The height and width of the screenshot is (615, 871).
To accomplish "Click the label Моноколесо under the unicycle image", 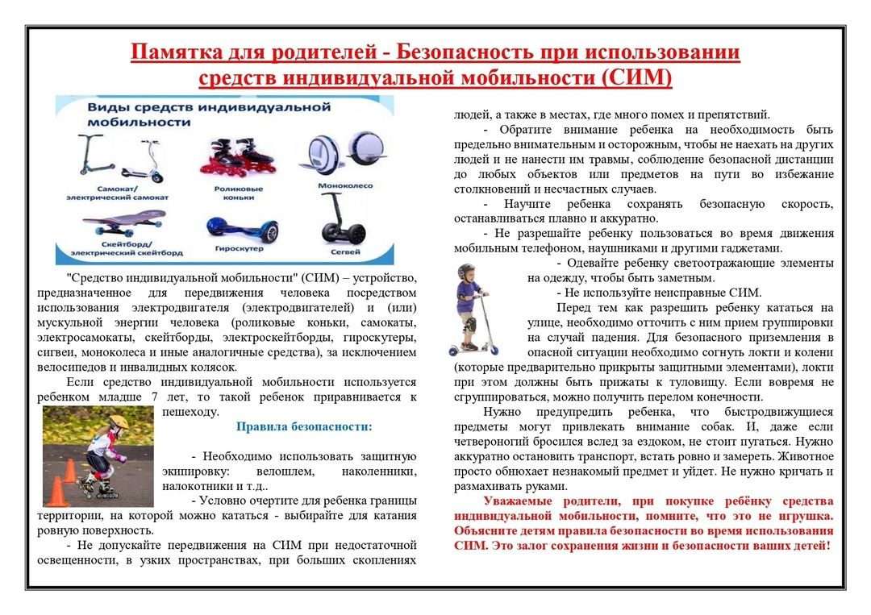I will (348, 185).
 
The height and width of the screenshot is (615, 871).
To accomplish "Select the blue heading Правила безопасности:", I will (304, 426).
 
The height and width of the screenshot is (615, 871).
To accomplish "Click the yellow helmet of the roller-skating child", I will (118, 422).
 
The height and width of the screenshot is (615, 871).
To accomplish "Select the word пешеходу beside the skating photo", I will (190, 412).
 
